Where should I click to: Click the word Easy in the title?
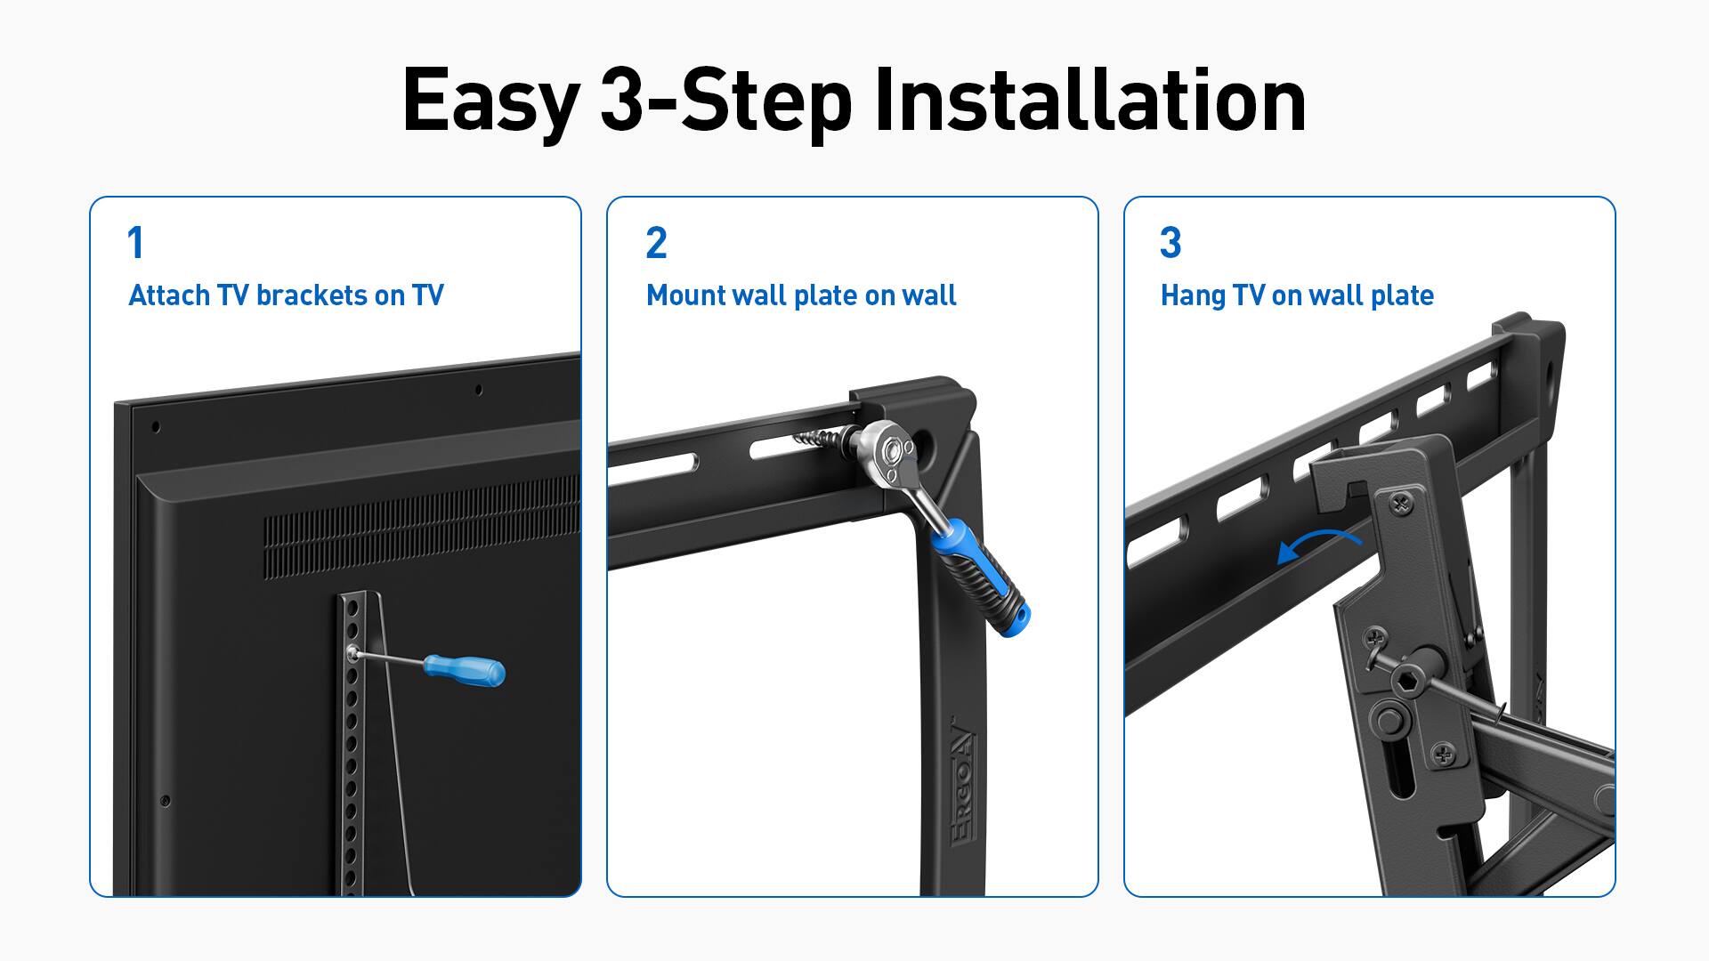[x=490, y=100]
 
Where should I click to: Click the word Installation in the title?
[x=1089, y=100]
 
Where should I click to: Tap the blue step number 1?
[x=135, y=243]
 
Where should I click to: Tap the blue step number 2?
[x=656, y=243]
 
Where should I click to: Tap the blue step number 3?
[x=1170, y=243]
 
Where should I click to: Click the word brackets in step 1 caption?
[x=311, y=295]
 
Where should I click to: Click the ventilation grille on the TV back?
[x=418, y=529]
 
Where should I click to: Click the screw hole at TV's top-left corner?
[x=157, y=427]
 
